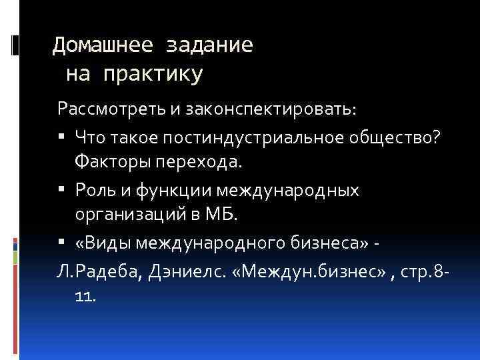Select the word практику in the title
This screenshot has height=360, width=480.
[153, 75]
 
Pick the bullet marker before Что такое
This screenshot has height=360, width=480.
[61, 137]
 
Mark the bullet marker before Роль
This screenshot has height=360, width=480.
[61, 191]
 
